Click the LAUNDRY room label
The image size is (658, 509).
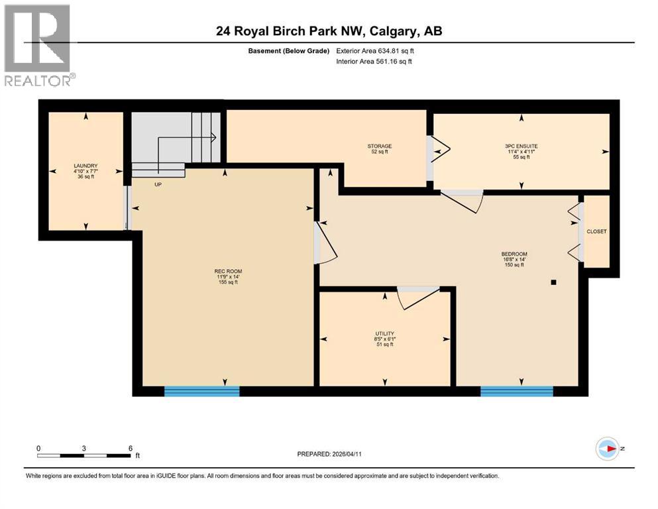85,166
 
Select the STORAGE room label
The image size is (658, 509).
380,146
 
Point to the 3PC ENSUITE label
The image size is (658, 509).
520,146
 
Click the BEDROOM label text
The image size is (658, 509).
514,254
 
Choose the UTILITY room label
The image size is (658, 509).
384,333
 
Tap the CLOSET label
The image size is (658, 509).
596,231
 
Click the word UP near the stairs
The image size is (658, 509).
158,185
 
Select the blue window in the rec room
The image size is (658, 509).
201,392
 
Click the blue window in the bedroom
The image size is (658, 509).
516,392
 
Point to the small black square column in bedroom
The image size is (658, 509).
553,282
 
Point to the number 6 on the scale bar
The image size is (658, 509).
131,448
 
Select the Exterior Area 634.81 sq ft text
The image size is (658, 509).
378,50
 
